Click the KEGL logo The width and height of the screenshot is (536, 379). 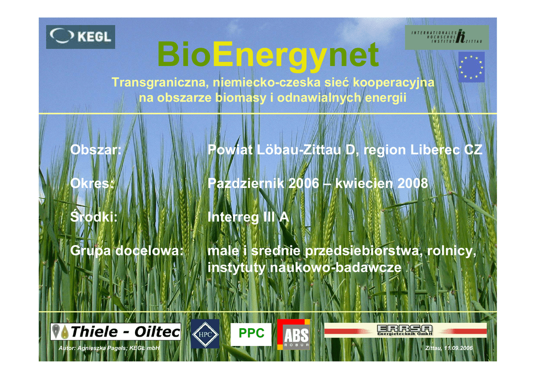(81, 37)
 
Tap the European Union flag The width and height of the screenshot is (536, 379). (472, 67)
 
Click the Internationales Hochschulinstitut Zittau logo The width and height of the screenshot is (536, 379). (447, 37)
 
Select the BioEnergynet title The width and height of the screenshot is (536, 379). (267, 54)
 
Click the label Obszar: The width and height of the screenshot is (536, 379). (96, 150)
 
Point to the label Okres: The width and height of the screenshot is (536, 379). (92, 184)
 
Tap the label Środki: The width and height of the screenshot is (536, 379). (94, 217)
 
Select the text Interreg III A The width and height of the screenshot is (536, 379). (248, 217)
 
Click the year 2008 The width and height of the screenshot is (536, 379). (412, 184)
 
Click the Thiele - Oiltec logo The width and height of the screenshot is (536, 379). (116, 331)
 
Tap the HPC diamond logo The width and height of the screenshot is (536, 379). (205, 334)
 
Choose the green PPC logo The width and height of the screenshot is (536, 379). (251, 333)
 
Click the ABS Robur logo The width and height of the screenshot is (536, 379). (294, 335)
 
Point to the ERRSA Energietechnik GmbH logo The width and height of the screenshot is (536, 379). (406, 330)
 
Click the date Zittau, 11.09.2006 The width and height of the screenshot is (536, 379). (449, 348)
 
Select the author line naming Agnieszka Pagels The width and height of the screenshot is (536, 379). (109, 348)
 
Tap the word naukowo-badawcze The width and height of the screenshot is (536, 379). (336, 267)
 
